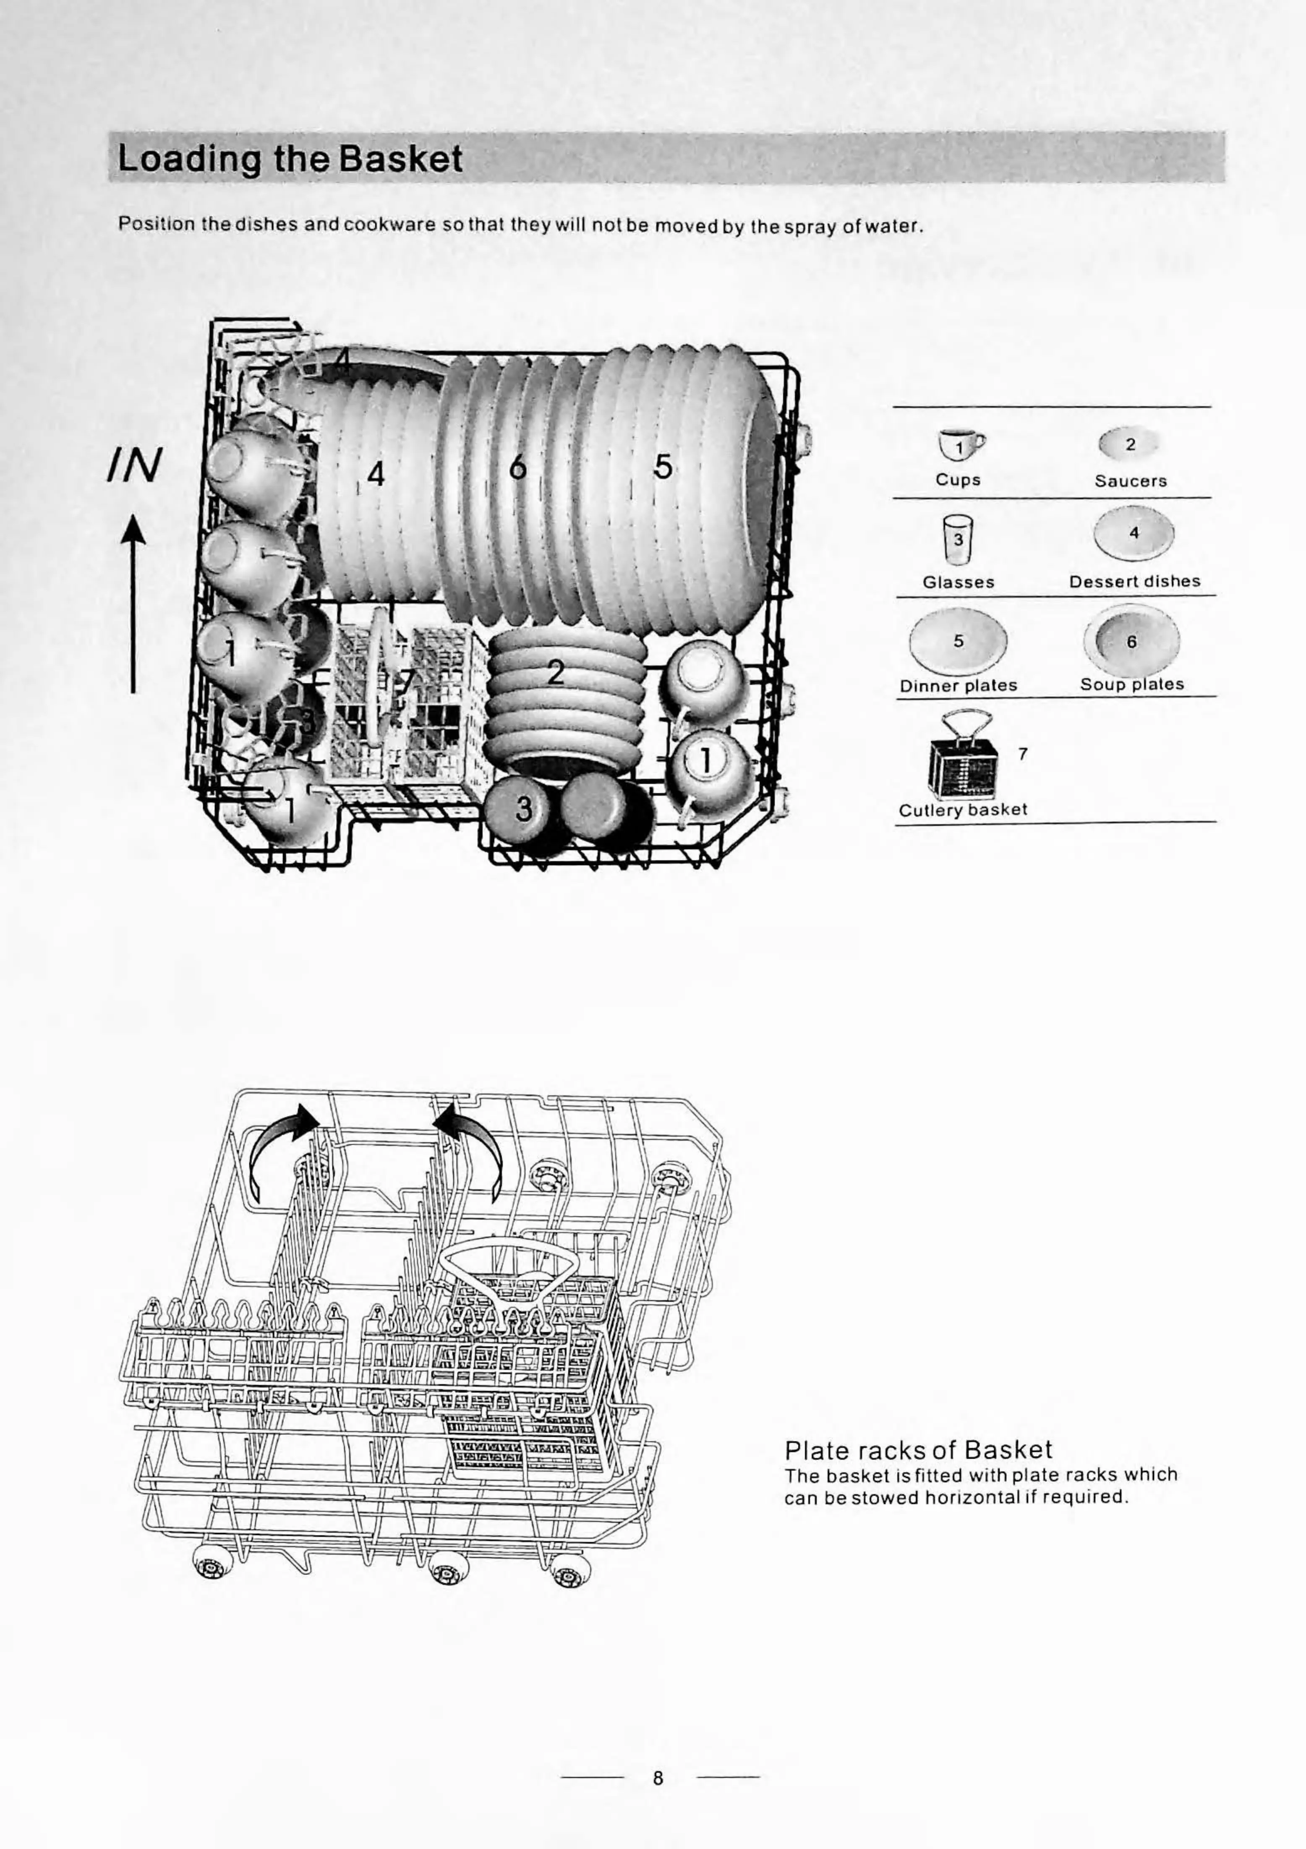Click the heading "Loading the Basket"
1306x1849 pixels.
tap(290, 159)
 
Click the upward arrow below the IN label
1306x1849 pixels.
tap(133, 604)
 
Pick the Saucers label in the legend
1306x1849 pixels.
tap(1131, 481)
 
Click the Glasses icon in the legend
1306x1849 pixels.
tap(958, 540)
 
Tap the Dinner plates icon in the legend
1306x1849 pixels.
tap(958, 642)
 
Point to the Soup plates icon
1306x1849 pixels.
tap(1131, 642)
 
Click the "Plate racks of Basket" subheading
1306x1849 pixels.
tap(918, 1449)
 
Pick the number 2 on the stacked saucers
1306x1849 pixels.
tap(556, 672)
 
